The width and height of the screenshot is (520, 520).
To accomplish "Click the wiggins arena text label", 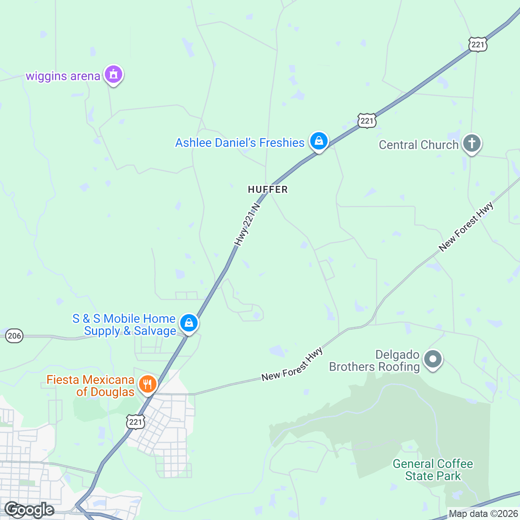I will point(63,76).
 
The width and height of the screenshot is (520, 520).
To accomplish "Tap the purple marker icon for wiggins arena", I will point(114,75).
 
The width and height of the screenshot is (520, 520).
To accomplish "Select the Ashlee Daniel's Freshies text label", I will point(240,143).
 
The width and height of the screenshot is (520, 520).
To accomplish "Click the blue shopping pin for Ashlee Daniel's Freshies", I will point(319,141).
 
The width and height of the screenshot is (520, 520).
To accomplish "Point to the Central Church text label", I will point(418,145).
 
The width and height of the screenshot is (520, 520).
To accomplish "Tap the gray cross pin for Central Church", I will point(471,143).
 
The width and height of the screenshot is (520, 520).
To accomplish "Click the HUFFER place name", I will point(268,189).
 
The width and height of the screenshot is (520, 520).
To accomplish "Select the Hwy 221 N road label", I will point(247,224).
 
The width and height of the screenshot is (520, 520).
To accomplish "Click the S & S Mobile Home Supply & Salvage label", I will point(124,325).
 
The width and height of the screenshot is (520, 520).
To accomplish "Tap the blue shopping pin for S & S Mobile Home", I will point(189,323).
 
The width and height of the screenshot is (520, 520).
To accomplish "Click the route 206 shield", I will point(14,336).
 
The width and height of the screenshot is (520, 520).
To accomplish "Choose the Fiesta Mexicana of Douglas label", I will point(91,386).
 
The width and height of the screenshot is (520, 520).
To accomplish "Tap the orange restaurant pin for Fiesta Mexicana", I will point(147,384).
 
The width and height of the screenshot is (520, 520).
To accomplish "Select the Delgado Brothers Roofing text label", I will point(375,361).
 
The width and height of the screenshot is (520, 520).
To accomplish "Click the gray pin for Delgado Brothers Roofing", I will point(433,359).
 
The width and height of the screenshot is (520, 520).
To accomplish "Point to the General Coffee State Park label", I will point(433,470).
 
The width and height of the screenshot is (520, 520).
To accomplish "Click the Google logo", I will point(29,510).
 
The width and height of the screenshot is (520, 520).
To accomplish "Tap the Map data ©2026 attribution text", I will point(483,514).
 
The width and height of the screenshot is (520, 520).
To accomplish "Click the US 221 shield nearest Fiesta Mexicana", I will point(136,422).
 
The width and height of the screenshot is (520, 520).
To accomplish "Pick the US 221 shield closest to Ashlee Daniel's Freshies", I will point(367,120).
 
